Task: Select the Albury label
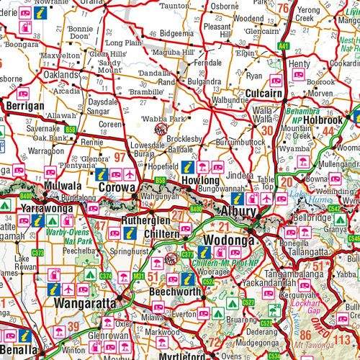click(x=239, y=212)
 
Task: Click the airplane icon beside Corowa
click(x=129, y=174)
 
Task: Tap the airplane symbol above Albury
click(x=266, y=198)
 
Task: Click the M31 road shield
click(x=138, y=276)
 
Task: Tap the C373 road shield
click(x=37, y=253)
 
